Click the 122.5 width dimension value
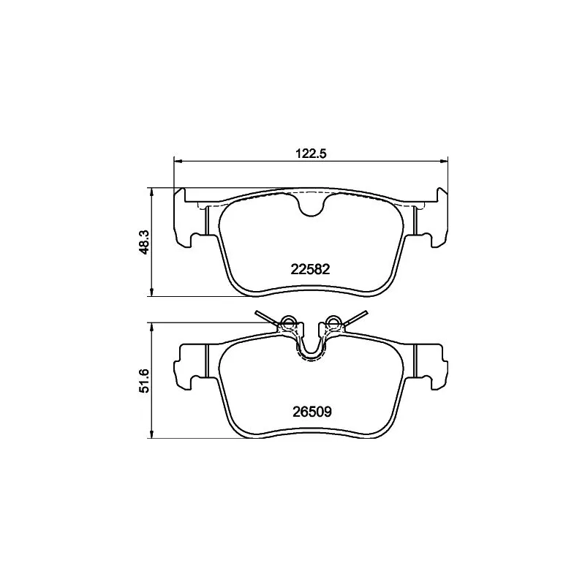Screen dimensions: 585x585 click(311, 154)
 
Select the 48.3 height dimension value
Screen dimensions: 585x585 click(144, 242)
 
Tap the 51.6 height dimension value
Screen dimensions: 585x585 click(144, 380)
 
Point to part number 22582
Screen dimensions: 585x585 click(310, 269)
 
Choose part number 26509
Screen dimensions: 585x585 click(312, 412)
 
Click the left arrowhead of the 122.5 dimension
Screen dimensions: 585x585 click(178, 161)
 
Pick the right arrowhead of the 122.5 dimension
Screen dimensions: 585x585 click(444, 161)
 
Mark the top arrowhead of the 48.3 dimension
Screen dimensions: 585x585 click(151, 192)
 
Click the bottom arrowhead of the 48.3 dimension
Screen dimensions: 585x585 click(151, 292)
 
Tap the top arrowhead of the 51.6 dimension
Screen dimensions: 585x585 click(151, 328)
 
